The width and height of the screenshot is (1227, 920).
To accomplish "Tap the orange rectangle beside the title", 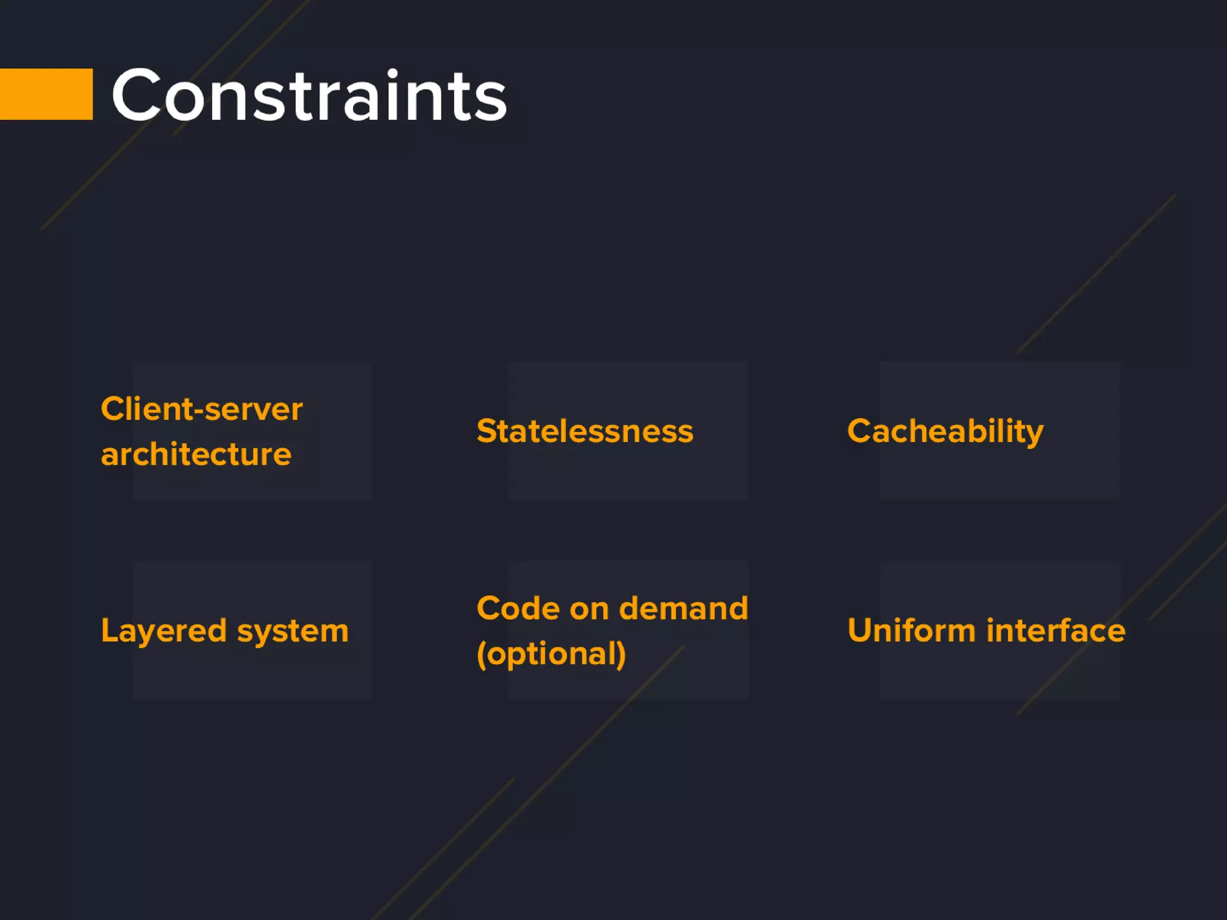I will point(46,94).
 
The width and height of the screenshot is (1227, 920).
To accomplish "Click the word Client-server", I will point(201,410).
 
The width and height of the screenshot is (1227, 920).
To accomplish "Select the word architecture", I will point(196,455).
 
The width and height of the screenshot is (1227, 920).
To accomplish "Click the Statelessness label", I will point(585,431).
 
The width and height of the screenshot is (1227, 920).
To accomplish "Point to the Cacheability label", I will point(945,431).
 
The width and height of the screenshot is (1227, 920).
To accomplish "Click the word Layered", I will point(164,631).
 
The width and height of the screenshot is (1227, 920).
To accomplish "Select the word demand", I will point(683,609).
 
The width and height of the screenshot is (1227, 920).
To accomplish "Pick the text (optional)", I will point(551,653).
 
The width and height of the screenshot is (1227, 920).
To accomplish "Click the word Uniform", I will point(911,631).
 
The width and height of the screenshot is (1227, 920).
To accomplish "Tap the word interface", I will point(1056,631).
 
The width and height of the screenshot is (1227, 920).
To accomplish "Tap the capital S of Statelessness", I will point(488,431).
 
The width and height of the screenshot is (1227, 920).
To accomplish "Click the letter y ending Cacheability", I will point(1033,434).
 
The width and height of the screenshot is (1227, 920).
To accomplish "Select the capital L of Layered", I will point(110,630).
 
